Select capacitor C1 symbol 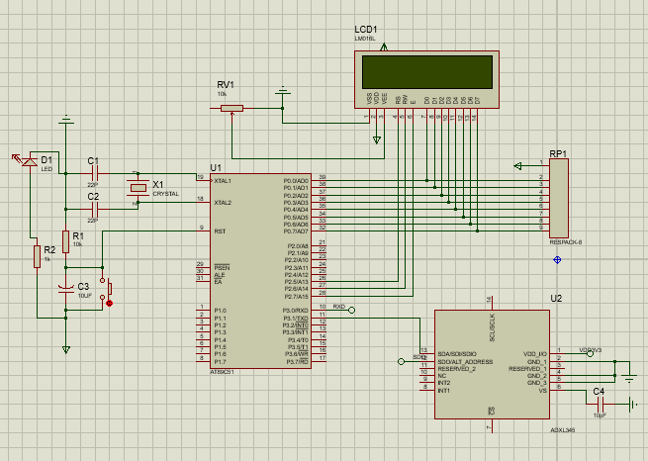[94, 174]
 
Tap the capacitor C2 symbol [94, 210]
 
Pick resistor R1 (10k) [65, 241]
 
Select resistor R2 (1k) [37, 256]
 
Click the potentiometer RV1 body [231, 108]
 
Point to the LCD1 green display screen [426, 72]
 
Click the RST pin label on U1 [221, 230]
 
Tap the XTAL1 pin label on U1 [223, 180]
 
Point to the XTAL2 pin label [223, 202]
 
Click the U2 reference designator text [555, 299]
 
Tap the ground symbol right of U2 [629, 377]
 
